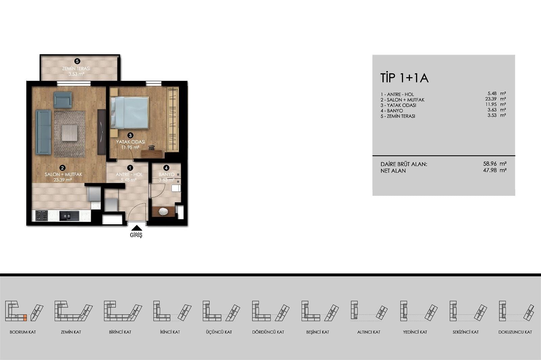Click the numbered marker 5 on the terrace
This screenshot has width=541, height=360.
77,61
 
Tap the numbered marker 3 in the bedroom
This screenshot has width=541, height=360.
130,135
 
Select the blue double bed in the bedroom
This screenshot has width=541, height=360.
130,113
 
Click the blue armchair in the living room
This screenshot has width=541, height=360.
63,100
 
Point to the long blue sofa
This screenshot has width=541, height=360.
44,132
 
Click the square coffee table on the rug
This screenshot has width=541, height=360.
70,133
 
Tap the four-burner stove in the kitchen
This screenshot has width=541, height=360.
42,216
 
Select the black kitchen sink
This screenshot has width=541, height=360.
69,216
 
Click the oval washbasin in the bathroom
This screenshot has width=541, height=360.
163,212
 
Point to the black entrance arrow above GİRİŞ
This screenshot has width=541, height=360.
137,228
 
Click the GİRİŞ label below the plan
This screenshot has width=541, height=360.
136,235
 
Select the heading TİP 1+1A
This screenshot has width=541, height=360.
404,78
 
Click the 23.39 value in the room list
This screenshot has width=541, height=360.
491,99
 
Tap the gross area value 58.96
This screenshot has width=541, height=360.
490,163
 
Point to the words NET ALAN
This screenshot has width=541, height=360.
393,171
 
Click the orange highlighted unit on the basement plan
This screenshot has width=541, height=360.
25,318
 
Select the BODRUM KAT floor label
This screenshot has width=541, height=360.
23,332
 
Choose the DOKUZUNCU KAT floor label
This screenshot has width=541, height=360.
515,332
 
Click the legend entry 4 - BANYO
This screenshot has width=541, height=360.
392,111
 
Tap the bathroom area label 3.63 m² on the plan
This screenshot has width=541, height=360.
167,180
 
